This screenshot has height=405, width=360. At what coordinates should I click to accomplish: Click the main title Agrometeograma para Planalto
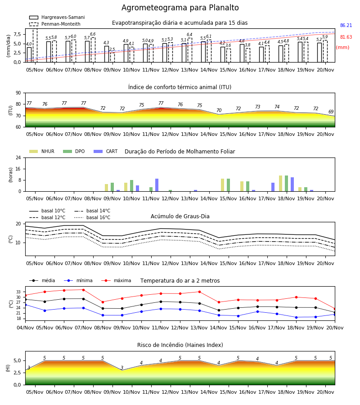[x=180, y=8]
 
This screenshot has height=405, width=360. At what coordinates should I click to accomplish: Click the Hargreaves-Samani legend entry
[x=57, y=17]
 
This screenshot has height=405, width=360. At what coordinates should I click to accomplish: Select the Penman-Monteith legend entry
[x=55, y=24]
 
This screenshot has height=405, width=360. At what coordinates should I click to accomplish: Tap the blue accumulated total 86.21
[x=346, y=25]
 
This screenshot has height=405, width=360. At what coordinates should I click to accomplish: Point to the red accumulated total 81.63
[x=346, y=37]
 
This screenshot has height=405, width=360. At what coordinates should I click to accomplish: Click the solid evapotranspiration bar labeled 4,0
[x=29, y=55]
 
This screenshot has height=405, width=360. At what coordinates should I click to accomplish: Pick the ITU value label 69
[x=331, y=112]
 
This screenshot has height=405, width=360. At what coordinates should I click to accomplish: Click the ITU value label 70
[x=219, y=110]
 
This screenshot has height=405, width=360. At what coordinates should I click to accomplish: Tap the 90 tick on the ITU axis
[x=18, y=93]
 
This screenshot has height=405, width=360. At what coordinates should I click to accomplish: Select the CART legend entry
[x=106, y=151]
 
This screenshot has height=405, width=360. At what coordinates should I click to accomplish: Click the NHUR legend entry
[x=42, y=151]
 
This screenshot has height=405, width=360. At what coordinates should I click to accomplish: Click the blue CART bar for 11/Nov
[x=157, y=185]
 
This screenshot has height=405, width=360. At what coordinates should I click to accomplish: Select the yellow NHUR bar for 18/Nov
[x=280, y=184]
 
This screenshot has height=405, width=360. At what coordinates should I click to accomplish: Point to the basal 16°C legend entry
[x=92, y=217]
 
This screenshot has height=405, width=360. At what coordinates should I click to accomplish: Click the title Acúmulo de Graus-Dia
[x=180, y=216]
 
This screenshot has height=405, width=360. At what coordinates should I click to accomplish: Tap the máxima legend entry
[x=116, y=280]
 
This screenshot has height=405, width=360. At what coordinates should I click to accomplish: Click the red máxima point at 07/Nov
[x=83, y=290]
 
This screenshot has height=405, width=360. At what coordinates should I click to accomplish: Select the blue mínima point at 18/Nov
[x=296, y=317]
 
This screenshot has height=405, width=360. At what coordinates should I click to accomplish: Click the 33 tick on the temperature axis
[x=18, y=292]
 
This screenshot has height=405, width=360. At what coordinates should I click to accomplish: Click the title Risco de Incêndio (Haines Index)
[x=180, y=345]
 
